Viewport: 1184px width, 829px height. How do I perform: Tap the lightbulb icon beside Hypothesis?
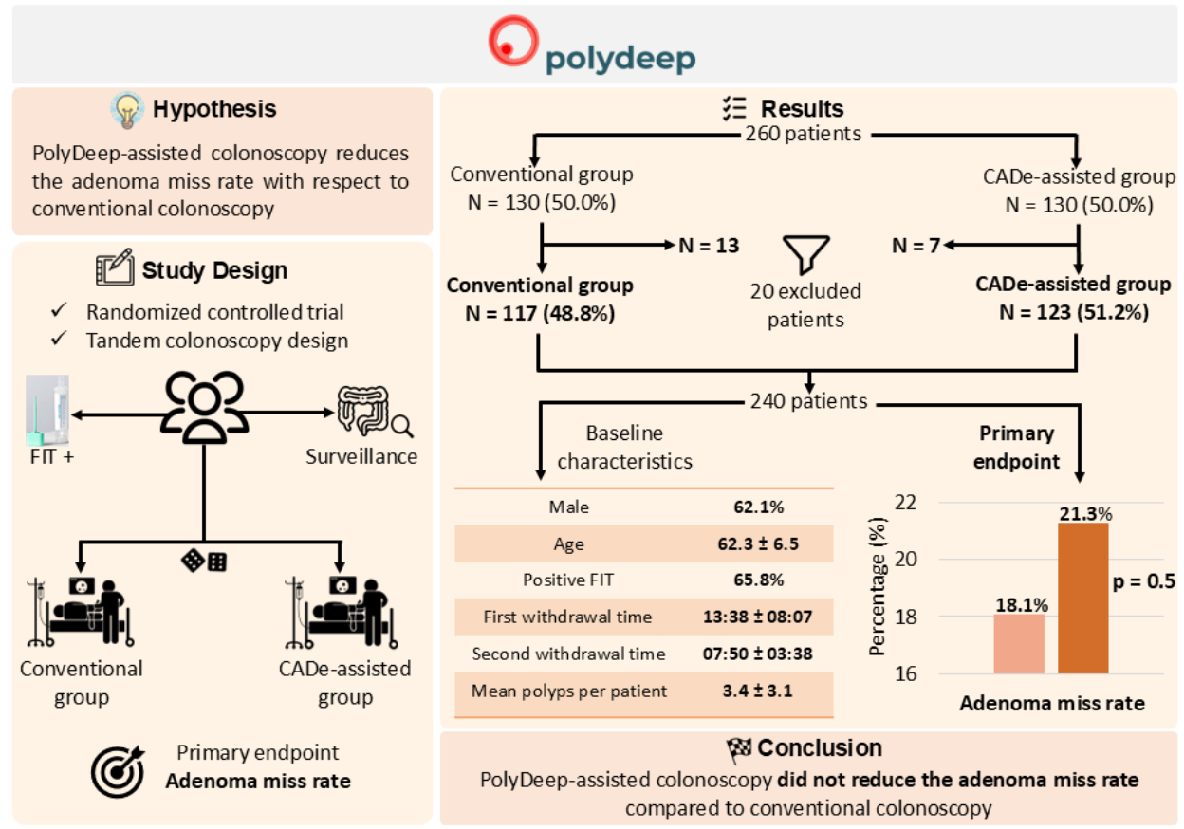click(126, 110)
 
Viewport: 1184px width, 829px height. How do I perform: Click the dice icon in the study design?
click(204, 562)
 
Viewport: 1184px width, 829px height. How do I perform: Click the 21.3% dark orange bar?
click(1082, 599)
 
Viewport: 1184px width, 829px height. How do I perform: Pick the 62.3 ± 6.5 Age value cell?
click(759, 543)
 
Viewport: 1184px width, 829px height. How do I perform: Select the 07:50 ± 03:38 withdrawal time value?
click(759, 654)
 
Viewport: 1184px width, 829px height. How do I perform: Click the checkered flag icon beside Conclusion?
click(739, 749)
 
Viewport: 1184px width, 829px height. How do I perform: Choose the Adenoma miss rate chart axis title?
click(1052, 704)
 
